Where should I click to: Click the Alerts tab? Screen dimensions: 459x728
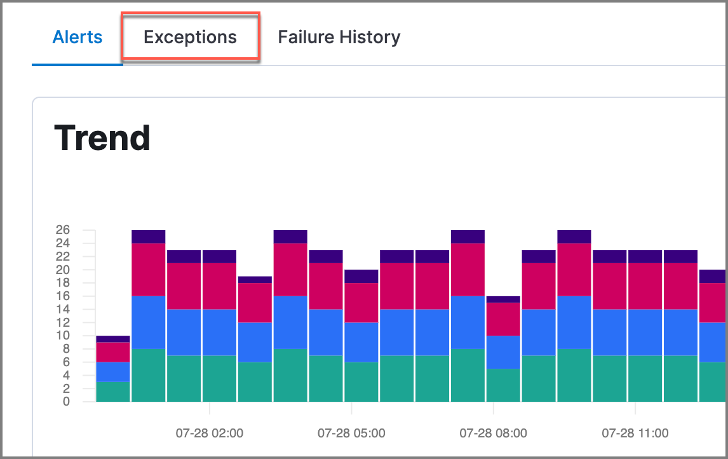[x=77, y=37]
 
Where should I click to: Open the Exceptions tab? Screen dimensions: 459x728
[x=190, y=38]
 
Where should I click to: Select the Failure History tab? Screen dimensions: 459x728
[x=339, y=38]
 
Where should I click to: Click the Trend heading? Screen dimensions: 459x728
[x=102, y=138]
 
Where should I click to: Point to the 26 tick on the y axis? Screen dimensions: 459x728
[x=62, y=229]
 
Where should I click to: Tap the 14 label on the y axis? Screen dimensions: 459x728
[x=62, y=309]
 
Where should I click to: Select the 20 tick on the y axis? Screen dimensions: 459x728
[x=62, y=270]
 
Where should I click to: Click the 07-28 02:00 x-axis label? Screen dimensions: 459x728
[x=209, y=434]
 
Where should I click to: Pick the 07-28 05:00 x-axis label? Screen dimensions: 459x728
[x=351, y=434]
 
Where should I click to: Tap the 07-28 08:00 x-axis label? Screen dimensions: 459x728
[x=493, y=434]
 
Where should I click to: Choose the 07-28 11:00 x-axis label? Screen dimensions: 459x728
[x=635, y=434]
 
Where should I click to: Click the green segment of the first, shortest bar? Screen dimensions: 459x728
[x=113, y=392]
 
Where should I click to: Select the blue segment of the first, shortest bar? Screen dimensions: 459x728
[x=113, y=372]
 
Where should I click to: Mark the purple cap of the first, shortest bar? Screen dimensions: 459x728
[x=113, y=339]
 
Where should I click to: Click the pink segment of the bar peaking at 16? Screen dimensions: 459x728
[x=503, y=319]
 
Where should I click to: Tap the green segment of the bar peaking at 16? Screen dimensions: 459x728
[x=503, y=385]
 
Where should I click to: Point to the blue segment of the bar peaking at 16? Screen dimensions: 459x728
[x=503, y=352]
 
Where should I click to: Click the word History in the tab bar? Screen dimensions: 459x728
[x=369, y=38]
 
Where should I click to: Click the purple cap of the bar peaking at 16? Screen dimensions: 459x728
[x=503, y=299]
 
